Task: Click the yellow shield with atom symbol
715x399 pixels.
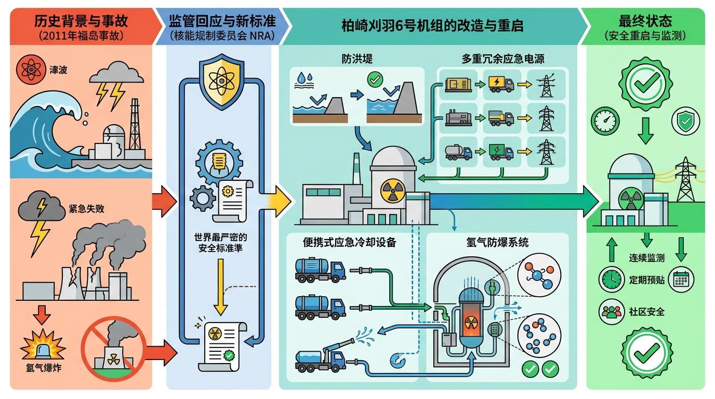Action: tap(222, 83)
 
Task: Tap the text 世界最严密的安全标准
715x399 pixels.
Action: tap(221, 242)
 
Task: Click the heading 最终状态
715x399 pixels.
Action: tap(645, 21)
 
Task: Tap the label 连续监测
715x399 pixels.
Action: tap(646, 258)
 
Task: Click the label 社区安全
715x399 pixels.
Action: tap(646, 312)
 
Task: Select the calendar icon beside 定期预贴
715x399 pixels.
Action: tap(680, 280)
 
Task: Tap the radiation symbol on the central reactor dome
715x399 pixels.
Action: tap(392, 191)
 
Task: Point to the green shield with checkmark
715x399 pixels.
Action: tap(682, 122)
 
